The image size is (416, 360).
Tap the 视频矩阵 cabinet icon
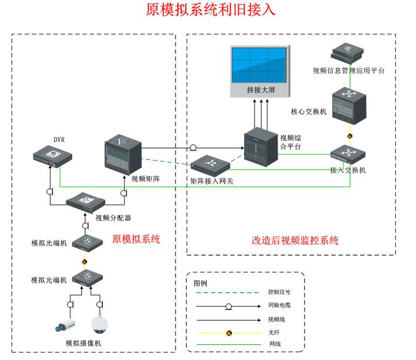pyautogui.click(x=123, y=153)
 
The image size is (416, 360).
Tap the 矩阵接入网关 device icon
pyautogui.click(x=207, y=165)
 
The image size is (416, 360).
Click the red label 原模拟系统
pyautogui.click(x=136, y=239)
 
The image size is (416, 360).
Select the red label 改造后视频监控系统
pyautogui.click(x=295, y=240)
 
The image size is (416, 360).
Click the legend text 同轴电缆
pyautogui.click(x=278, y=306)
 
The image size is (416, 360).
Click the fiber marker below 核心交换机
pyautogui.click(x=350, y=136)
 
